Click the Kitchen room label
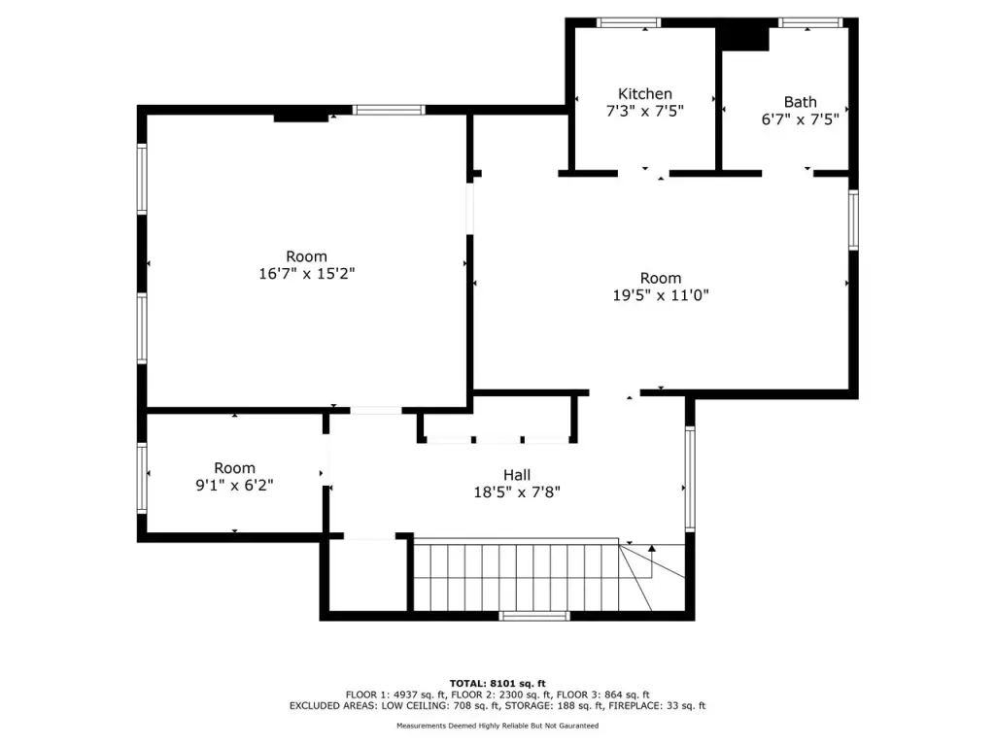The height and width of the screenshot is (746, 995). pyautogui.click(x=645, y=94)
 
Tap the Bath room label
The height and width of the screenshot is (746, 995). pyautogui.click(x=801, y=102)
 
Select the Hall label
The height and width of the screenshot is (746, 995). pyautogui.click(x=517, y=475)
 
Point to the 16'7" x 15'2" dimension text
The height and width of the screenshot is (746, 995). pyautogui.click(x=306, y=274)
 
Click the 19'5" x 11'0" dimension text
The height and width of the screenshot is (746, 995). pyautogui.click(x=661, y=295)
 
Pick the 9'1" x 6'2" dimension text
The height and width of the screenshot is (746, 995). pyautogui.click(x=234, y=486)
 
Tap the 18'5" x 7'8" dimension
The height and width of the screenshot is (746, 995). pyautogui.click(x=517, y=492)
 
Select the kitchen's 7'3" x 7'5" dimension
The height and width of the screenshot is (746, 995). pyautogui.click(x=645, y=112)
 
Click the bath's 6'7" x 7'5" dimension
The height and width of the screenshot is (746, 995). pyautogui.click(x=801, y=119)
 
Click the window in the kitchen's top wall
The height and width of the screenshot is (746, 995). pyautogui.click(x=629, y=23)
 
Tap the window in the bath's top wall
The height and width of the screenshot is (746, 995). pyautogui.click(x=810, y=23)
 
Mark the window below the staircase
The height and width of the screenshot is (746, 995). pyautogui.click(x=534, y=616)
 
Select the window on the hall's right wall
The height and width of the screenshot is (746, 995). pyautogui.click(x=690, y=478)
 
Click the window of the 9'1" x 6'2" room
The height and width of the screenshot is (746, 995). pyautogui.click(x=142, y=478)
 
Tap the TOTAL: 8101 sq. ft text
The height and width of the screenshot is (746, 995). pyautogui.click(x=497, y=683)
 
